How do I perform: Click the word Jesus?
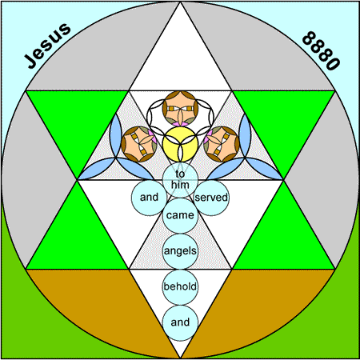[48, 46]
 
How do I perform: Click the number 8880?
[321, 50]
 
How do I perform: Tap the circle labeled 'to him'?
[180, 180]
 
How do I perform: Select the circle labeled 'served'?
[211, 198]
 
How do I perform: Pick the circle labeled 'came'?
[180, 215]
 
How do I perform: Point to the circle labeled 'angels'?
[180, 251]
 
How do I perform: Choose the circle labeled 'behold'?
[180, 287]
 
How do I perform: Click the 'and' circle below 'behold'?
[180, 322]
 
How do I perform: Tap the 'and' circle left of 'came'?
[149, 198]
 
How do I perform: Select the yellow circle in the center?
[180, 144]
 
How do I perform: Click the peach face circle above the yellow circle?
[180, 109]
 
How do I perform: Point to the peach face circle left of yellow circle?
[139, 144]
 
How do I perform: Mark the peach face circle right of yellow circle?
[222, 144]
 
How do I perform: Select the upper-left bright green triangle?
[78, 120]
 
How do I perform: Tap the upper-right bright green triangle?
[284, 120]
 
